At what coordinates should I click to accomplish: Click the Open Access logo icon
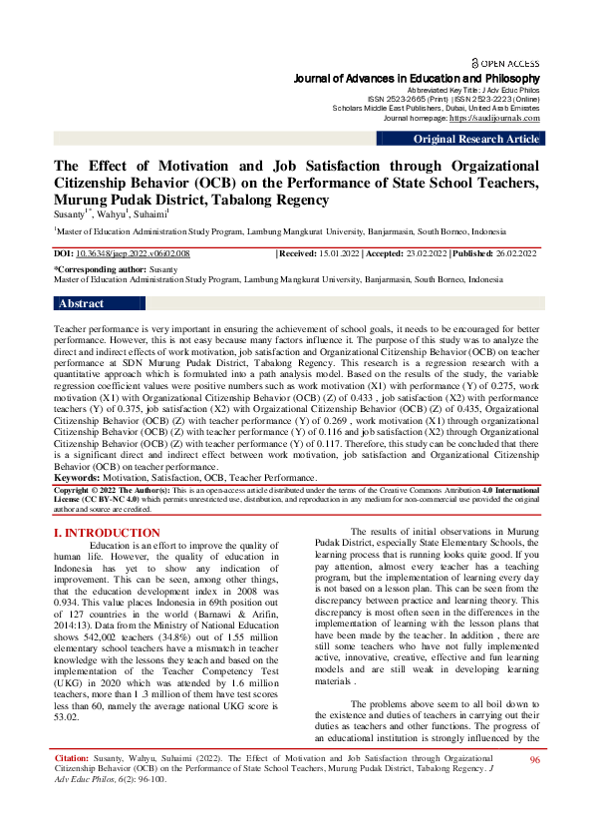475,62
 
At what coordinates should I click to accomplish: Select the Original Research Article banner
476,140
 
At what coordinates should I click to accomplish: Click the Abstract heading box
82,303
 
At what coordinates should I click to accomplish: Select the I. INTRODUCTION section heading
106,534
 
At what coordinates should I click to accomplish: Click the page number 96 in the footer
534,788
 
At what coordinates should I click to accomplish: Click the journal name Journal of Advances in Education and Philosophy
417,78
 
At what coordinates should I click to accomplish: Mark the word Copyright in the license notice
76,491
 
